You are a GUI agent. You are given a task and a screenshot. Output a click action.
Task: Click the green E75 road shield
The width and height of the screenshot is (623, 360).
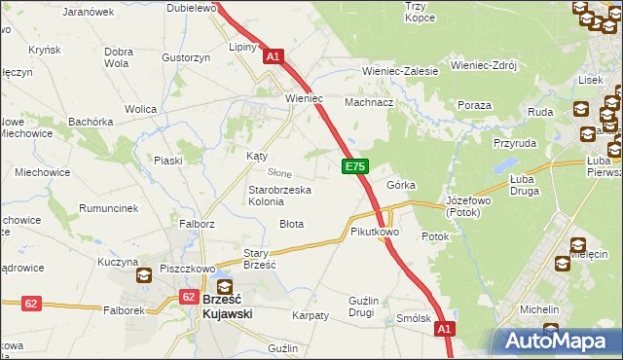click(x=354, y=167)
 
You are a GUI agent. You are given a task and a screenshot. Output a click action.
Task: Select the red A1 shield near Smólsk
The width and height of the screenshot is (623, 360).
click(x=445, y=330)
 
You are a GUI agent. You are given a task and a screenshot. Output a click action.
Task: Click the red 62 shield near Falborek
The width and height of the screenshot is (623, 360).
click(x=31, y=304)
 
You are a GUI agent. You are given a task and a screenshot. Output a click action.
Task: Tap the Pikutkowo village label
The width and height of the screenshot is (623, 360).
click(x=375, y=233)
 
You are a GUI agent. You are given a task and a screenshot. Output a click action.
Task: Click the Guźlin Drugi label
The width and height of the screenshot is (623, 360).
click(x=348, y=306)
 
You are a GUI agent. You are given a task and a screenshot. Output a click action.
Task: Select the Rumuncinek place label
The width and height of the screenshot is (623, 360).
click(x=108, y=208)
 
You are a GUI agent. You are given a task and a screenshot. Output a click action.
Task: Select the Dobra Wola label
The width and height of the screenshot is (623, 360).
click(x=118, y=57)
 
